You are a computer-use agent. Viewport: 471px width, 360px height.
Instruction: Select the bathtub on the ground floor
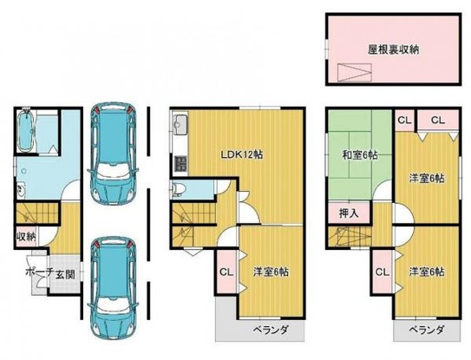point(27,130)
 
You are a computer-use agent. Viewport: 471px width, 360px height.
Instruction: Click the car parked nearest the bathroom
point(114,152)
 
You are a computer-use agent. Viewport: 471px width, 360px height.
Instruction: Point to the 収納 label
point(25,235)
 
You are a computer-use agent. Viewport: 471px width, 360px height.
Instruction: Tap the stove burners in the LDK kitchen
point(181,162)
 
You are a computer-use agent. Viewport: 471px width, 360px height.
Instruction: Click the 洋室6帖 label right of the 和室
point(428,177)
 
